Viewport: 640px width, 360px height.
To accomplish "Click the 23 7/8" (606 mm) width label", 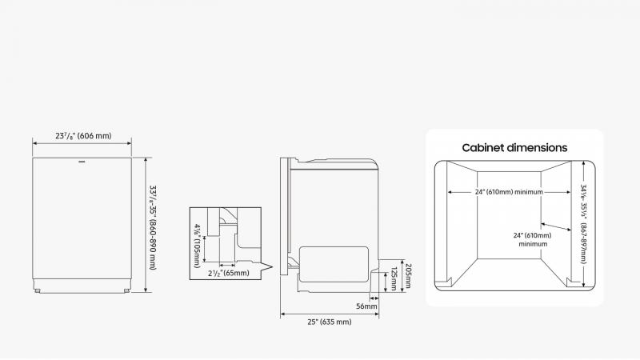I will [82, 136].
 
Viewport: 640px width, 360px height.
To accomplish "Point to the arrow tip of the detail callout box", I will [273, 266].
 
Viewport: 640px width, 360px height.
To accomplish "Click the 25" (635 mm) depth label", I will [330, 322].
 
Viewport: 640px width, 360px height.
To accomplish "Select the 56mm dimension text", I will [367, 306].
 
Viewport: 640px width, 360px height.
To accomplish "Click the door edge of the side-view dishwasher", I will [282, 216].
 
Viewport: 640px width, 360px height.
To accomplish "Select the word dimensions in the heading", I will [540, 147].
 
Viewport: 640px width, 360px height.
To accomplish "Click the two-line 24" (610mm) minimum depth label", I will [533, 239].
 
